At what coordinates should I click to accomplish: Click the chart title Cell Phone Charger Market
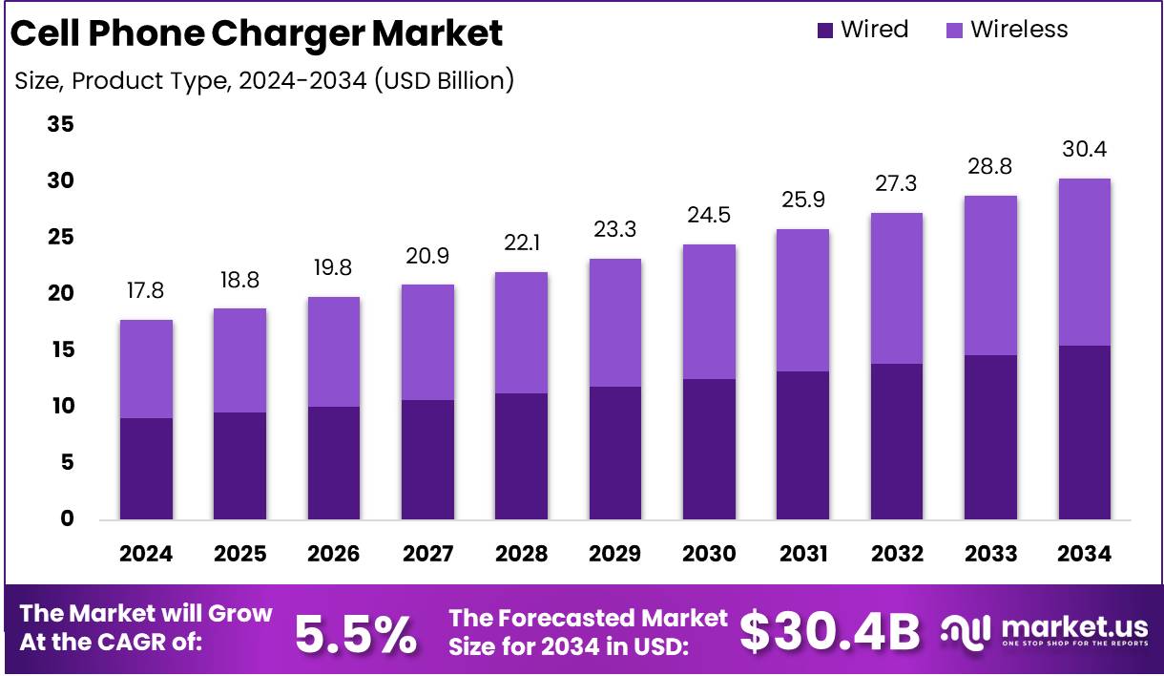[x=256, y=34]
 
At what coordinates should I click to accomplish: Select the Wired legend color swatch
[x=825, y=31]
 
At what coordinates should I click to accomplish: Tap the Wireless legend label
[x=1019, y=30]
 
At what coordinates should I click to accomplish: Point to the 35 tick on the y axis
[x=60, y=125]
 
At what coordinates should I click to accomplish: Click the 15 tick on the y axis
[x=60, y=350]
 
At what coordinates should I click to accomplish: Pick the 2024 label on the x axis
[x=146, y=555]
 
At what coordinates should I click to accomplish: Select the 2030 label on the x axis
[x=709, y=555]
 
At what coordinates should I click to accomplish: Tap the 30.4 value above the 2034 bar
[x=1085, y=150]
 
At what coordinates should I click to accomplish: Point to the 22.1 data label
[x=522, y=243]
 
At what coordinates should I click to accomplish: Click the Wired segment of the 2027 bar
[x=427, y=459]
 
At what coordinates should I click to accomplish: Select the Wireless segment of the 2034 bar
[x=1085, y=262]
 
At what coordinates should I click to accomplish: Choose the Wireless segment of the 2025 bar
[x=239, y=360]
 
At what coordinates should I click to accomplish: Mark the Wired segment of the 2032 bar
[x=897, y=441]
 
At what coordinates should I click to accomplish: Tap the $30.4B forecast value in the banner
[x=830, y=631]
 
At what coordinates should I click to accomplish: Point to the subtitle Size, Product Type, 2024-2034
[x=264, y=81]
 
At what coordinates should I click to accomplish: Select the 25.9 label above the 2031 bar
[x=802, y=201]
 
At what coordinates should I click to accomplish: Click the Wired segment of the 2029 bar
[x=615, y=453]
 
